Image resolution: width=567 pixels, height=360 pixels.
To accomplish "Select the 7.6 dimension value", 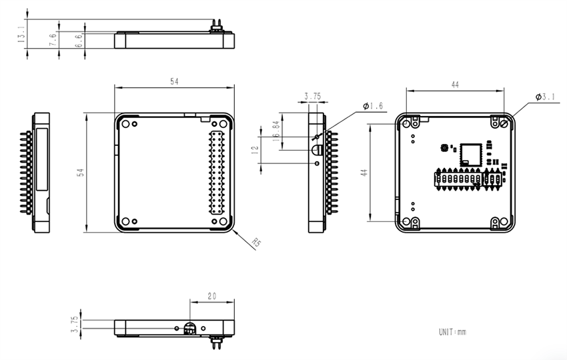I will (53, 40).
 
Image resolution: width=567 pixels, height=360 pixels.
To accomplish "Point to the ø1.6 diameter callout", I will (373, 106).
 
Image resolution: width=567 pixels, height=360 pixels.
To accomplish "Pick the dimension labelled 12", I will (254, 151).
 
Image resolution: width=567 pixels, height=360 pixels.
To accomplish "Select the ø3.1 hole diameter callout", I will (545, 97).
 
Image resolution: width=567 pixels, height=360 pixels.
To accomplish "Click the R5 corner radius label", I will (257, 243).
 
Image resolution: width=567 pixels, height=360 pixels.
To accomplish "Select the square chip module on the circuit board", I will (470, 154).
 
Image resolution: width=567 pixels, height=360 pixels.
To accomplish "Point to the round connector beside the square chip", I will (444, 148).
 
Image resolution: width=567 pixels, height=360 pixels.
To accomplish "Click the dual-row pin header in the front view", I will (217, 173).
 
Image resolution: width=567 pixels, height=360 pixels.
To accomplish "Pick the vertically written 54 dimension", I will (80, 172).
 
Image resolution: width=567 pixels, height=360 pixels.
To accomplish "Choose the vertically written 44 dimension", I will (364, 172).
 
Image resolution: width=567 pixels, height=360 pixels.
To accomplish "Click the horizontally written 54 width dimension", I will (175, 81).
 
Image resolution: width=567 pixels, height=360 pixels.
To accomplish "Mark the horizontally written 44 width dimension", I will (456, 85).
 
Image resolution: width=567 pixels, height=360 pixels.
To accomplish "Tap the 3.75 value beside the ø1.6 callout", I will (312, 97).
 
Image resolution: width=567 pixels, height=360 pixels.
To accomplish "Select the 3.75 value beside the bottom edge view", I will (75, 323).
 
